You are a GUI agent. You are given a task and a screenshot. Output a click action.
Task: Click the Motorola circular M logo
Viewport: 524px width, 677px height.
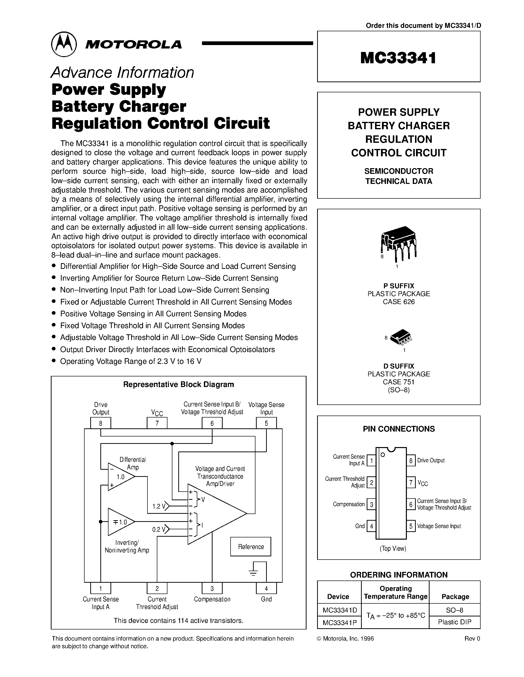64,44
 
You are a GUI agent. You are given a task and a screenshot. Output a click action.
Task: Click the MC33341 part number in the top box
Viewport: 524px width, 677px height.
398,58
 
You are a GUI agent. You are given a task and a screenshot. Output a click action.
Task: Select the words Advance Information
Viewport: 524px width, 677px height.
122,73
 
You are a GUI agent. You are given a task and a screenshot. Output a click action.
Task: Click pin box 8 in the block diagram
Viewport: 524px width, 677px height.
100,423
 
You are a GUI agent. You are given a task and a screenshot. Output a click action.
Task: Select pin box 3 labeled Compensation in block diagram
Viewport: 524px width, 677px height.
212,588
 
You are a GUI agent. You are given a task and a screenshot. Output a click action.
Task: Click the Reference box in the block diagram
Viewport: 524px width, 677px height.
251,547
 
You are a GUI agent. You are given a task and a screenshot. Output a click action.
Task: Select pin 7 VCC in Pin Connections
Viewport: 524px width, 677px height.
411,483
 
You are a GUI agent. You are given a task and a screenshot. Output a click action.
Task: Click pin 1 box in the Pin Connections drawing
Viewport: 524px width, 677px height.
371,461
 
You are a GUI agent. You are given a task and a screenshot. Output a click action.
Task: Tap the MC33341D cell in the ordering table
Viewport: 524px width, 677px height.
340,610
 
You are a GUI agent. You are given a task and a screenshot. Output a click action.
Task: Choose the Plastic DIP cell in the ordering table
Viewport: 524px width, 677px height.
454,622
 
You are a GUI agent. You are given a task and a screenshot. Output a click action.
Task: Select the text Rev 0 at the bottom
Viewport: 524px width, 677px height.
472,639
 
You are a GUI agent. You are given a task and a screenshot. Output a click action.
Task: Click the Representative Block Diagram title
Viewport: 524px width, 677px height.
179,384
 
